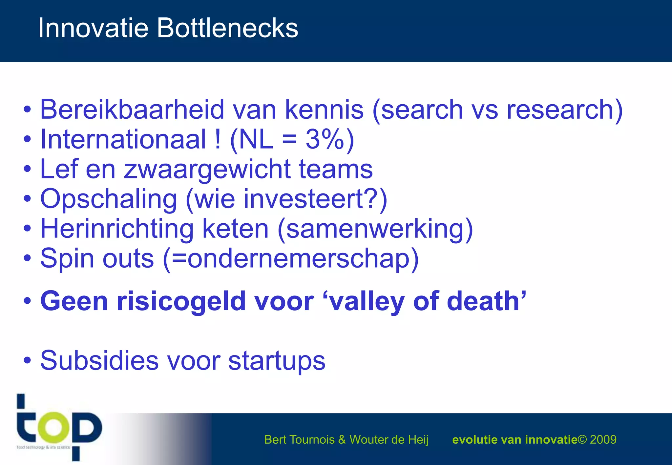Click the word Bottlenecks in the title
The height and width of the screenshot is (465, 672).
(x=227, y=28)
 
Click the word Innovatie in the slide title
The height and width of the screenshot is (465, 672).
(x=94, y=28)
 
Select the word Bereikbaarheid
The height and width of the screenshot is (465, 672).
(x=132, y=110)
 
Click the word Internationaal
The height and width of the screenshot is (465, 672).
(x=123, y=139)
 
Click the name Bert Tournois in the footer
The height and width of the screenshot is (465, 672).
(x=299, y=439)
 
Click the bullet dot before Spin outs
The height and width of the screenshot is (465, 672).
(x=28, y=258)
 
